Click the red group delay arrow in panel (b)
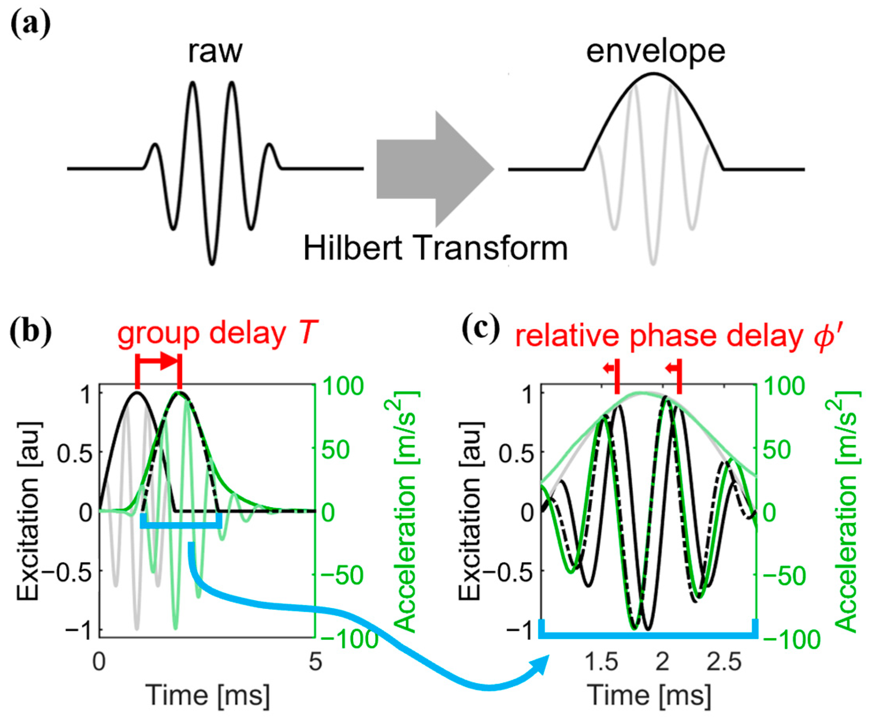(158, 361)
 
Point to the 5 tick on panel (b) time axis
(316, 662)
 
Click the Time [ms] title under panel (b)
(208, 696)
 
